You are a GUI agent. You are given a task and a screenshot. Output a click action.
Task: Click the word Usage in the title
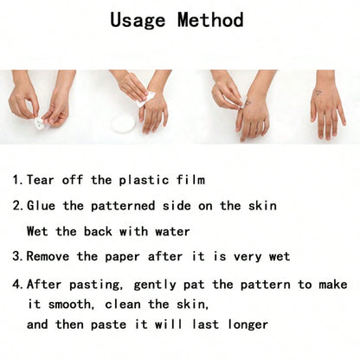[138, 20]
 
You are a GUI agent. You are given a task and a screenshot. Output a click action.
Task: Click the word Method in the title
[210, 20]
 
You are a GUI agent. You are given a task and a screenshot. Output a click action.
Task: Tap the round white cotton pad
[124, 124]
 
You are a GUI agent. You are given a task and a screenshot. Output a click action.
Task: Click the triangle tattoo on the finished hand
[318, 93]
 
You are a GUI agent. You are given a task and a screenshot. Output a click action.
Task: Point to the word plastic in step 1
[144, 180]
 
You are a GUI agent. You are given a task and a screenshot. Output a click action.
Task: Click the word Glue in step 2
[41, 206]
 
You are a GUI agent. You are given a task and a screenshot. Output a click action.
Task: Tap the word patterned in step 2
[123, 206]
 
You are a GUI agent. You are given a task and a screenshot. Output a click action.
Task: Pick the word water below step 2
[172, 231]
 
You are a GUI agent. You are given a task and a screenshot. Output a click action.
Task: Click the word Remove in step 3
[48, 256]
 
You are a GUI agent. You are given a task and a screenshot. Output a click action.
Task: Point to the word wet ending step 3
[280, 257]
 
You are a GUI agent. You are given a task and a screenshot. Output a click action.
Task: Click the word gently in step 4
[155, 285]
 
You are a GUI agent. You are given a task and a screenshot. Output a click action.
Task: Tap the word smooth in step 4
[69, 305]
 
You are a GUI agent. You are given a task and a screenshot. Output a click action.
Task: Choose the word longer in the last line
[248, 325]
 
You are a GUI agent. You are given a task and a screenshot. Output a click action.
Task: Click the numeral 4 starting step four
[16, 284]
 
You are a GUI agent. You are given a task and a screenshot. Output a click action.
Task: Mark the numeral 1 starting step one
[16, 180]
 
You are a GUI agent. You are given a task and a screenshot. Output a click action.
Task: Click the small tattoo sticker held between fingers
[39, 123]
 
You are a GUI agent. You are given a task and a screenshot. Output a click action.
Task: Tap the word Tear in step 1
[41, 180]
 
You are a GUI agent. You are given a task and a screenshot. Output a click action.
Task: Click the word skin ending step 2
[262, 206]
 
